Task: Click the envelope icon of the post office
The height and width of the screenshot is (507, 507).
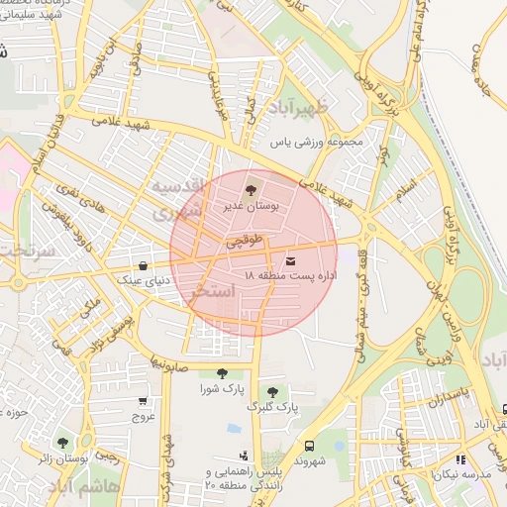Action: [290, 259]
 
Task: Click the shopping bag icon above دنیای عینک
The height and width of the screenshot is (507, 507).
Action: [145, 265]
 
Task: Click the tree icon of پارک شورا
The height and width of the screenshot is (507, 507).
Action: [222, 373]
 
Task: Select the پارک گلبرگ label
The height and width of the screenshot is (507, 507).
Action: [274, 407]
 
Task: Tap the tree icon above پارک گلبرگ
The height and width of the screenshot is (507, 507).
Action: [272, 392]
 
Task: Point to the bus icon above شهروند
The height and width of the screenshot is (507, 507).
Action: [309, 447]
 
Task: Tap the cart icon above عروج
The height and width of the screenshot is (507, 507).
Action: [144, 402]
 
